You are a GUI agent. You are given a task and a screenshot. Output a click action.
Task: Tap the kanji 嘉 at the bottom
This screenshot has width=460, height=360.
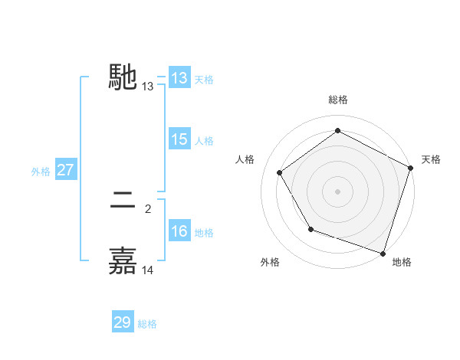(x=123, y=260)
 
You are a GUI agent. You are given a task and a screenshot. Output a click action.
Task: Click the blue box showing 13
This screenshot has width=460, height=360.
(x=179, y=78)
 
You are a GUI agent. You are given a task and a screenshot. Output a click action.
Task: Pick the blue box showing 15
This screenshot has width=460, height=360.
(x=179, y=139)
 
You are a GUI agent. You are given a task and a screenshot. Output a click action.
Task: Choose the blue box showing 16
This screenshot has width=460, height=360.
(x=179, y=231)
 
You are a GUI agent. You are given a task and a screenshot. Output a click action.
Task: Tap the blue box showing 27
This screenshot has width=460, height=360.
(x=65, y=170)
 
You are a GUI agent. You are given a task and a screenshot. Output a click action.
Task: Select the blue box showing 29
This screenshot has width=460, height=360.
(x=122, y=322)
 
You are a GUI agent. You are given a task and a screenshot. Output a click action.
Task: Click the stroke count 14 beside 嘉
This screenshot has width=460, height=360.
(x=148, y=270)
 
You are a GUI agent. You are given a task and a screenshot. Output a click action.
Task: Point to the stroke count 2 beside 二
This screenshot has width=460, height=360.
(x=148, y=208)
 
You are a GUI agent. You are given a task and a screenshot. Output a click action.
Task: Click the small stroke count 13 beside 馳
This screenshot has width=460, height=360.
(x=148, y=87)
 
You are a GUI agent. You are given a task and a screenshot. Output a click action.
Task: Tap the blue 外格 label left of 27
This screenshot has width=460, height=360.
(x=41, y=172)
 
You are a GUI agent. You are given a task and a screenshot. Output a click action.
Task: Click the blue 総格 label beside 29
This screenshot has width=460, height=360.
(x=147, y=324)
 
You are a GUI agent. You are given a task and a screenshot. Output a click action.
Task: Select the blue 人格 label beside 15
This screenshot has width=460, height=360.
(x=204, y=141)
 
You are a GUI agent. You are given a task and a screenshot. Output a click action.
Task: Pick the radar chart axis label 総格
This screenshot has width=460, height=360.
(x=338, y=100)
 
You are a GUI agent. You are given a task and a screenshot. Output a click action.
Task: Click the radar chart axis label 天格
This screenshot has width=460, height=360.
(x=431, y=159)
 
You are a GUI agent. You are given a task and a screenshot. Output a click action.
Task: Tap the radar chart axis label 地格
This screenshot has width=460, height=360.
(x=402, y=262)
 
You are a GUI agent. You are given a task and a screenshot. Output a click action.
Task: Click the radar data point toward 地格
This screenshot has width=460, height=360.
(x=383, y=253)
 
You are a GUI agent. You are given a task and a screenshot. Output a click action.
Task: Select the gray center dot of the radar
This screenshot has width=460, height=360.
(x=338, y=191)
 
